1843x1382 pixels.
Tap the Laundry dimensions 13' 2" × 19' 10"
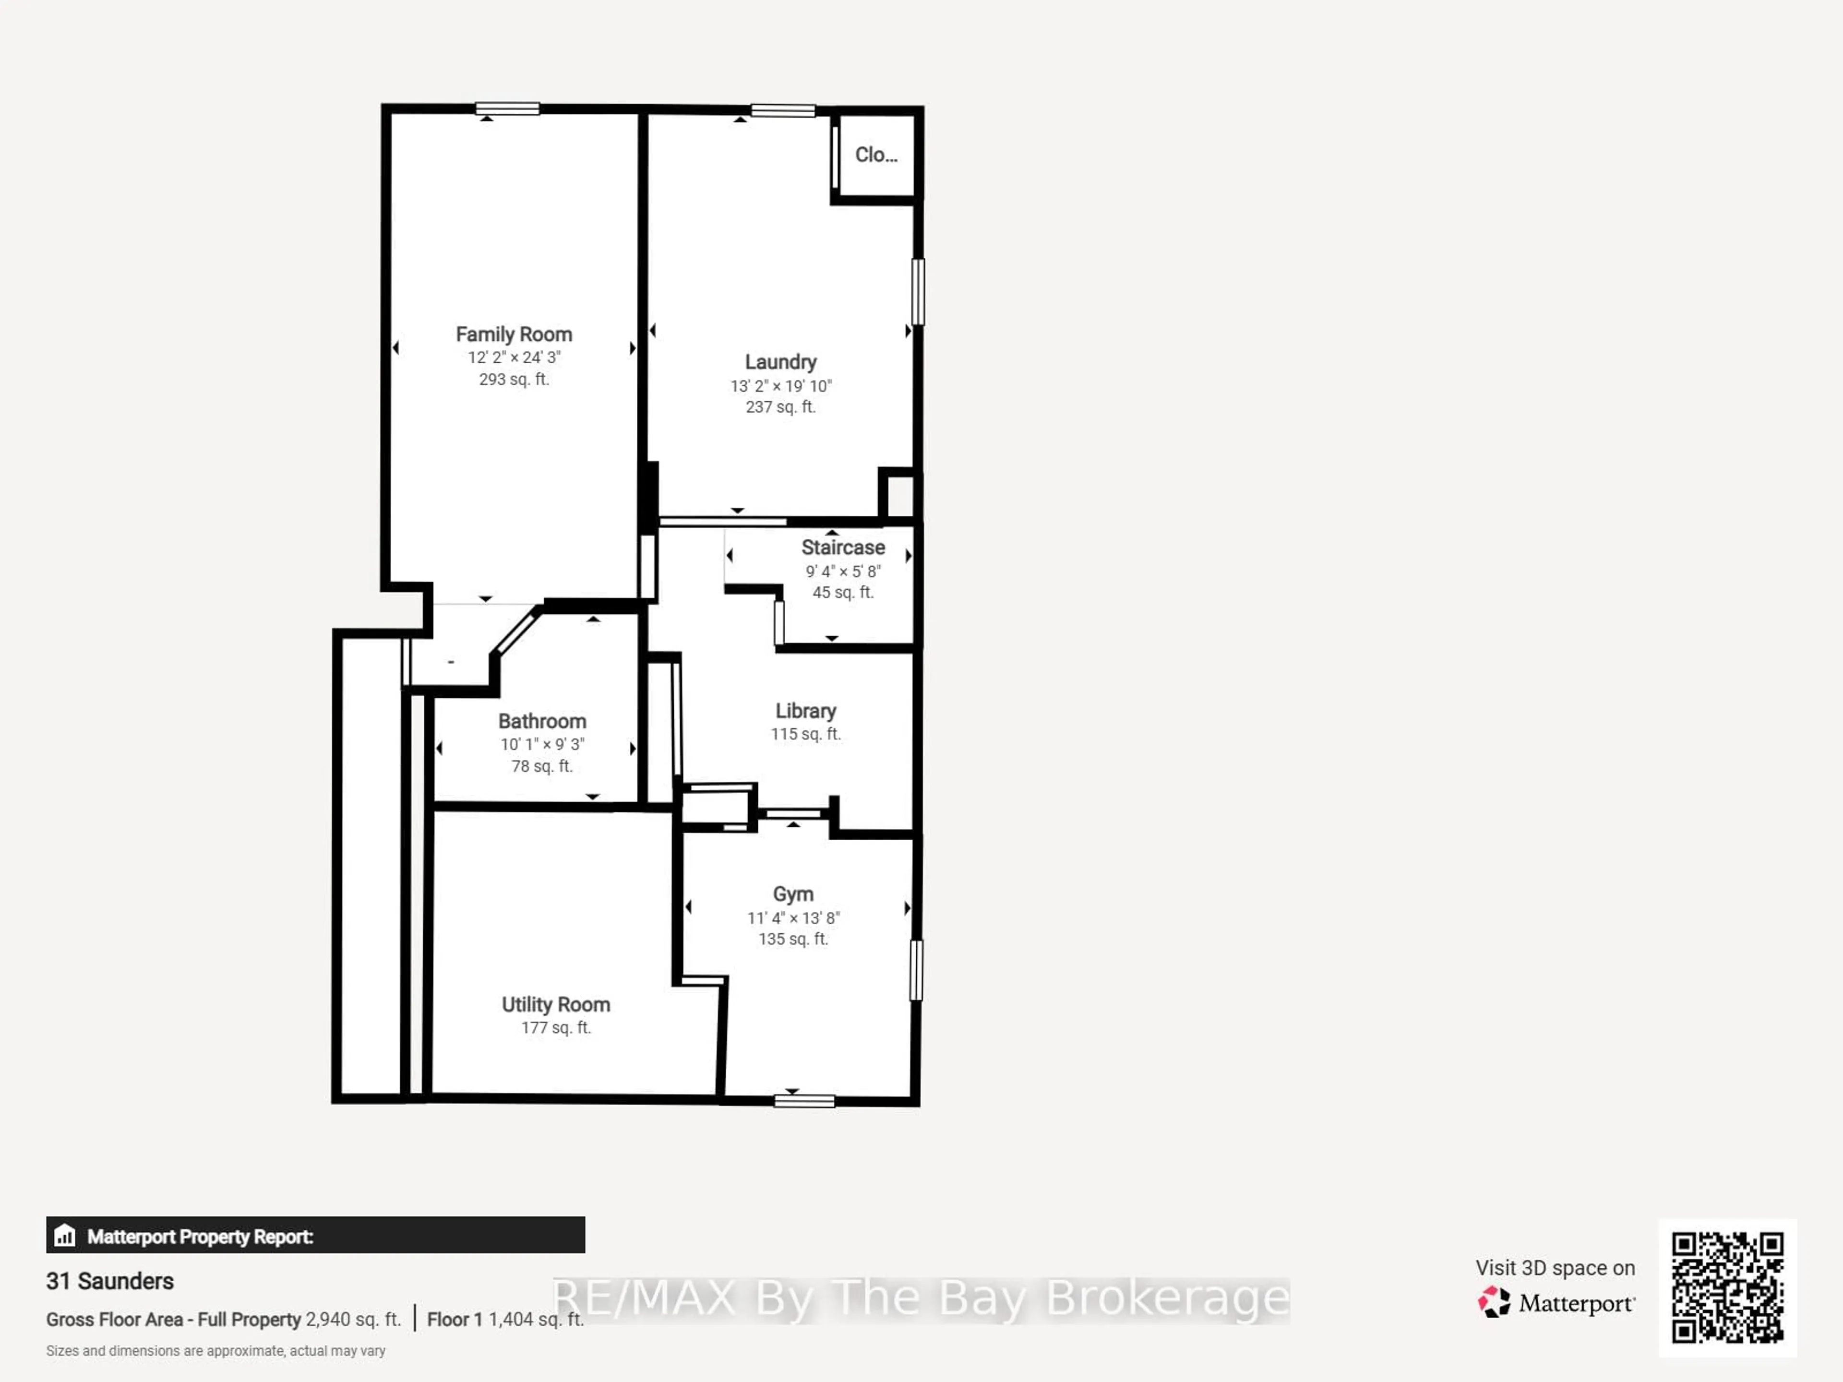pos(781,386)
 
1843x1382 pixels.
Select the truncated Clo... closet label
pos(876,155)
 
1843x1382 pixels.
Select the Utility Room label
pos(556,1005)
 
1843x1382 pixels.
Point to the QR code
pos(1727,1287)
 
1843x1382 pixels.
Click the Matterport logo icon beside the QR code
pos(1494,1302)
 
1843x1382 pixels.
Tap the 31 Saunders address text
pos(110,1281)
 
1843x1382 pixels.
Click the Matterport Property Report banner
pos(315,1235)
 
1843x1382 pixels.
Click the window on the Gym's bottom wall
pos(804,1101)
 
